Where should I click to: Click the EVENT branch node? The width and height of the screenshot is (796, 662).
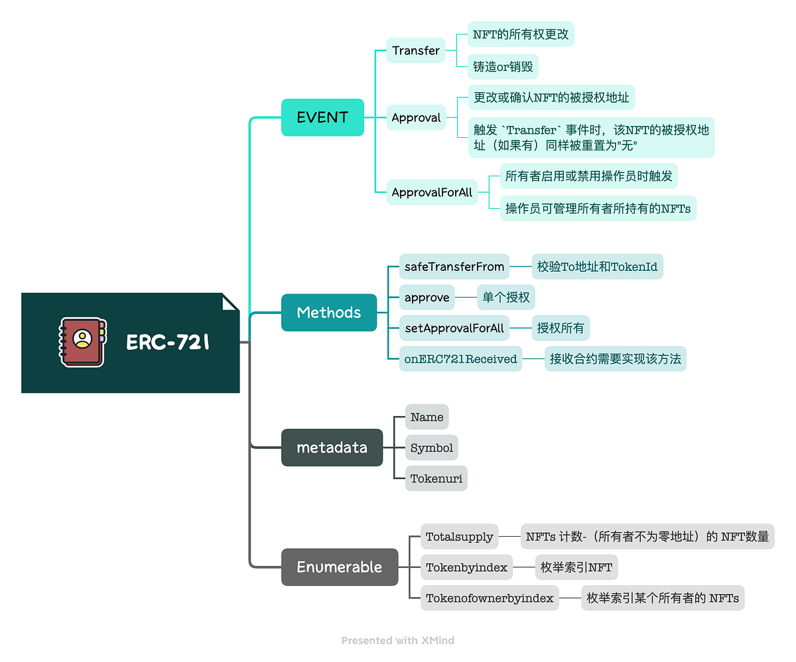(322, 117)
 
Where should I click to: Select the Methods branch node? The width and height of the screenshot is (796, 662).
(329, 313)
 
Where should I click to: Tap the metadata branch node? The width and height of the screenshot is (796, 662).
(332, 447)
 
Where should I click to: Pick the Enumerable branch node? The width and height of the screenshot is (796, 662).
(339, 567)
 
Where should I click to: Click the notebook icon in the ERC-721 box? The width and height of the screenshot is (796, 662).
(82, 342)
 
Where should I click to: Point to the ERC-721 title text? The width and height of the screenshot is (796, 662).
(168, 343)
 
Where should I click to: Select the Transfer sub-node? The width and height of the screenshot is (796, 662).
(416, 50)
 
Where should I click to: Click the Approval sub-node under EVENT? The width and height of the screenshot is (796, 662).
(416, 118)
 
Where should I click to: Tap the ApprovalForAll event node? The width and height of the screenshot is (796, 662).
(432, 192)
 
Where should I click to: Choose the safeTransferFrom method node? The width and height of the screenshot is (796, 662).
(454, 267)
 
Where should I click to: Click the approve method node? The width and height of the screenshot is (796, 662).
(427, 298)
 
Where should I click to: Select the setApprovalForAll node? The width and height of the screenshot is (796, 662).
(454, 328)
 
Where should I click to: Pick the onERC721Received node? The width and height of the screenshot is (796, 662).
(460, 359)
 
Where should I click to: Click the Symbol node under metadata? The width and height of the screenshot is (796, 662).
(432, 448)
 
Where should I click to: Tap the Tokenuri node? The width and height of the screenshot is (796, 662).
(436, 478)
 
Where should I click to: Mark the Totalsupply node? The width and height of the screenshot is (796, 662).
(459, 537)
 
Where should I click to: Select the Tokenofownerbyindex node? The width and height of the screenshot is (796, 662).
(490, 598)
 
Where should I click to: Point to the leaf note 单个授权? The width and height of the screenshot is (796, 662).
(506, 298)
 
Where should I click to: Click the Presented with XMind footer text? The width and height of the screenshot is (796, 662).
(398, 640)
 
